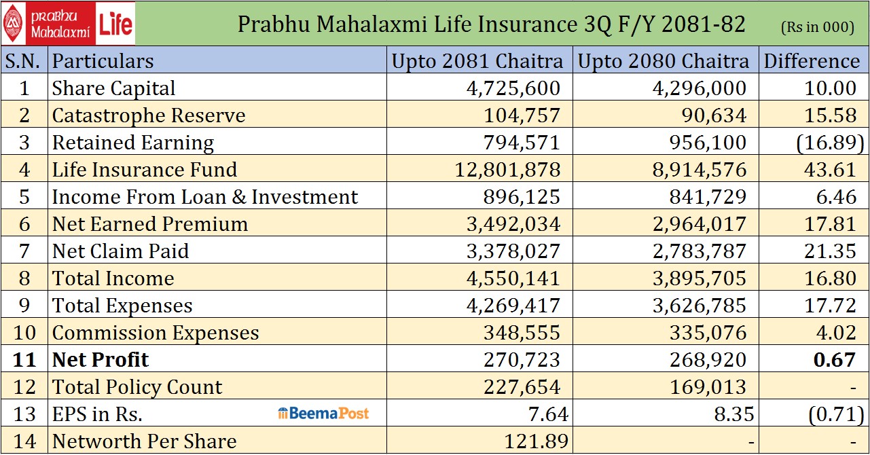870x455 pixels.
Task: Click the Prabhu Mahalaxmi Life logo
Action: point(68,23)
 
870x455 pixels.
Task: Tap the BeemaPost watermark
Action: point(323,413)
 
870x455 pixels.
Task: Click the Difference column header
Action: point(812,61)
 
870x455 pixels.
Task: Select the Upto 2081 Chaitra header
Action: point(477,61)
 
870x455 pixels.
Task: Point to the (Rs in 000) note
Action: point(817,26)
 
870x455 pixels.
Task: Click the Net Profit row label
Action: point(101,359)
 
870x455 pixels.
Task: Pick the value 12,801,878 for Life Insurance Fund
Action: point(507,170)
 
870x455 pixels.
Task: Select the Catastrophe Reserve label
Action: point(149,115)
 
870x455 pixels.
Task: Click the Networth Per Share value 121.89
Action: point(536,441)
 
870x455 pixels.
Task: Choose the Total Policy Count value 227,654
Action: point(522,387)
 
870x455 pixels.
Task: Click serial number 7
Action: point(24,251)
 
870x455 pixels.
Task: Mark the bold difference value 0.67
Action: point(835,359)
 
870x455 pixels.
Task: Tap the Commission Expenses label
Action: point(156,333)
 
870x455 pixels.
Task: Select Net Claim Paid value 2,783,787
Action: point(699,251)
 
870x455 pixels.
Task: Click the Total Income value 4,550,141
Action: point(513,278)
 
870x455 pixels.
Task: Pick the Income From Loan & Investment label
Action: point(205,197)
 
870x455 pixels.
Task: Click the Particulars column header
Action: point(103,61)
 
